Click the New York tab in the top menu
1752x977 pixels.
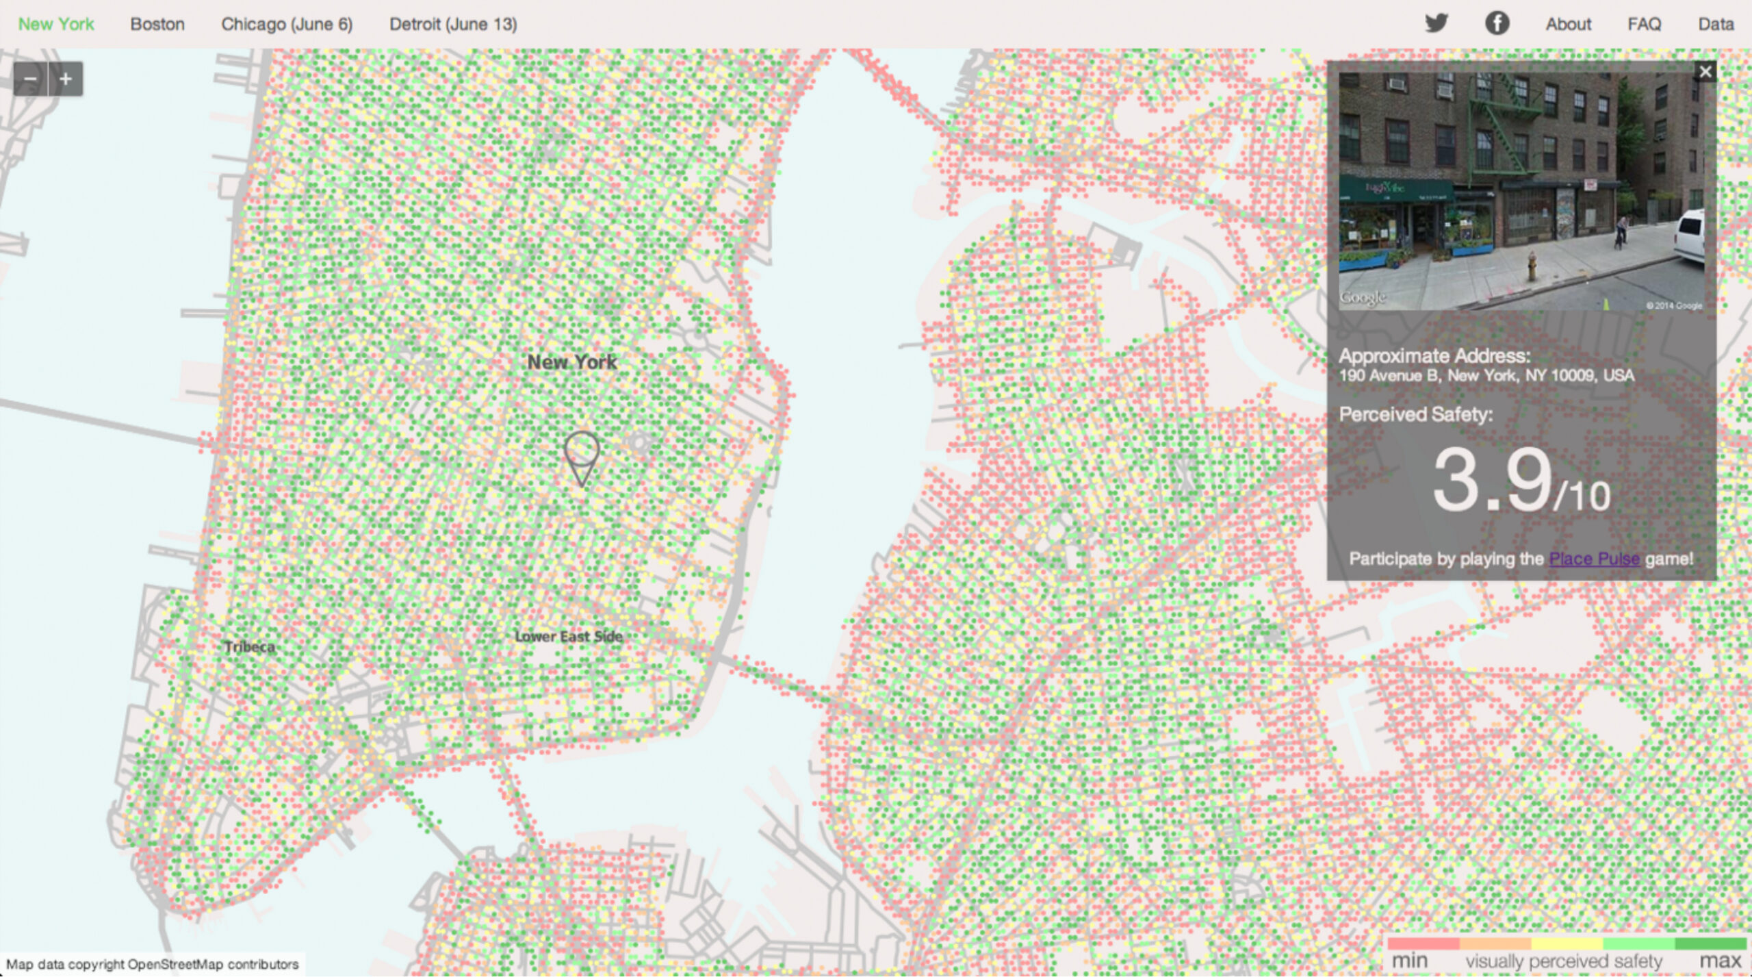coord(56,25)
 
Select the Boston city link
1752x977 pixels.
coord(157,25)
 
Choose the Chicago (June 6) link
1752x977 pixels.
coord(287,25)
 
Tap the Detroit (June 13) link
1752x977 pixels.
coord(453,25)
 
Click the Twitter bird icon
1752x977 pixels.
coord(1437,23)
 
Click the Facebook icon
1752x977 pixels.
coord(1497,23)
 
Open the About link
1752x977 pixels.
coord(1568,25)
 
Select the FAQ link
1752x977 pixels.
coord(1644,25)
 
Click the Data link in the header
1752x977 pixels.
coord(1716,25)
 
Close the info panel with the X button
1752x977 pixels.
coord(1705,72)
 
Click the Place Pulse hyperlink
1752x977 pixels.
coord(1594,559)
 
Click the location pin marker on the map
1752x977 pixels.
coord(582,455)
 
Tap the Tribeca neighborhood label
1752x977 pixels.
coord(250,647)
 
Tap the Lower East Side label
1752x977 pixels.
coord(569,637)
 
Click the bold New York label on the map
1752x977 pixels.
coord(572,362)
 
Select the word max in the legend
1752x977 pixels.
coord(1720,961)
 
